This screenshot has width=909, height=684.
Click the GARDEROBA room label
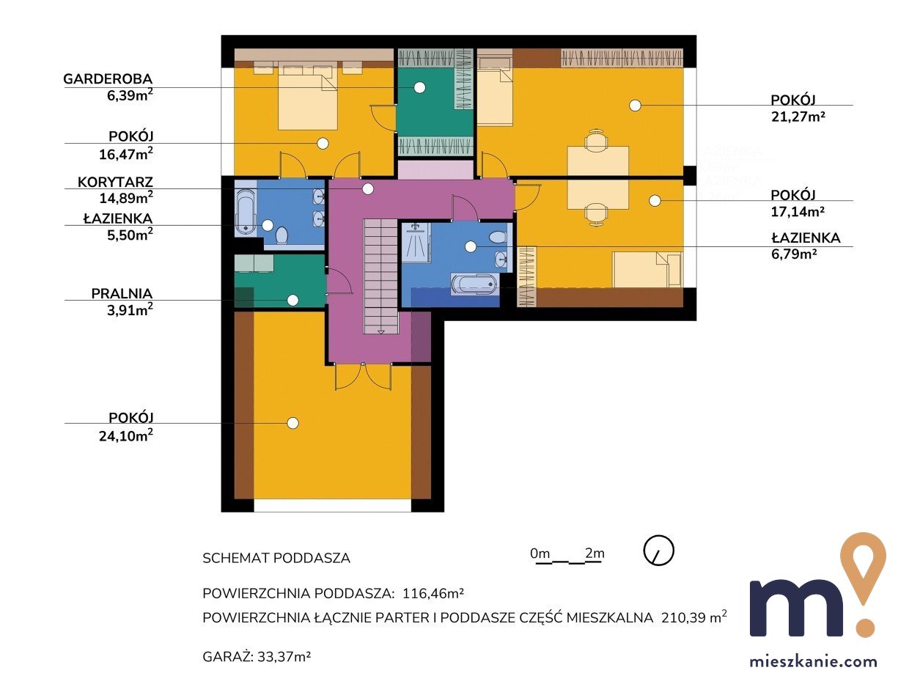pos(108,78)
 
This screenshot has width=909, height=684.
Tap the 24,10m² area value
pos(126,435)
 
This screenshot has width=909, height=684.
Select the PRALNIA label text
pos(122,293)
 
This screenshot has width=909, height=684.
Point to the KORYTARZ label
pos(115,182)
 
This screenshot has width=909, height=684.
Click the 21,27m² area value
pos(798,117)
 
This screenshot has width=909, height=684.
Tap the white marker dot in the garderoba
pos(419,87)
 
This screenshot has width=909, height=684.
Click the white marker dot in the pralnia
pos(292,300)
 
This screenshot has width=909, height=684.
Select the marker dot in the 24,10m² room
pos(292,423)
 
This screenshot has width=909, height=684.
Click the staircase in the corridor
pos(381,276)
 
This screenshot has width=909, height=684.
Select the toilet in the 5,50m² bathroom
pos(282,235)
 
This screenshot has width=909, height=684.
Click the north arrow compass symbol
pos(659,551)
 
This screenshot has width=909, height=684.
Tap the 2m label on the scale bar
pos(595,554)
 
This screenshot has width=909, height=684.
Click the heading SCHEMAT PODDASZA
pos(276,558)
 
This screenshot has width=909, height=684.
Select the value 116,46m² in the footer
pos(433,593)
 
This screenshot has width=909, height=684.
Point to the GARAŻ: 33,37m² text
pos(257,657)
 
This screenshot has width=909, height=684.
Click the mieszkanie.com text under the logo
pos(814,661)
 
